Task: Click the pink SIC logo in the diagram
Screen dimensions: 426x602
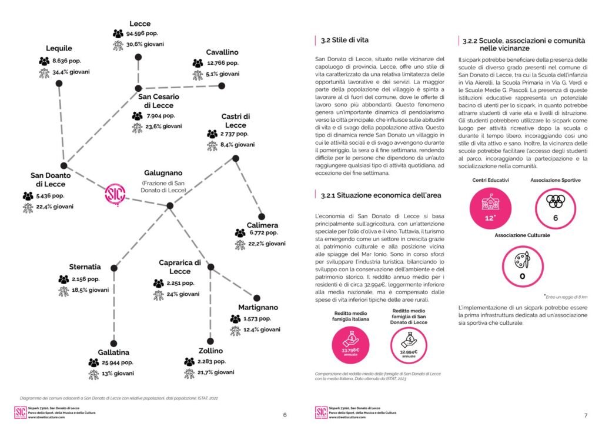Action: click(x=113, y=195)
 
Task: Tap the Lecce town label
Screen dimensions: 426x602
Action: click(x=140, y=24)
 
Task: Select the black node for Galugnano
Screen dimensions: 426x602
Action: click(x=170, y=205)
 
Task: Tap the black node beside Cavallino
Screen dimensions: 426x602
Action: click(x=222, y=86)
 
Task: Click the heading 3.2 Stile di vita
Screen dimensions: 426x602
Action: click(x=345, y=41)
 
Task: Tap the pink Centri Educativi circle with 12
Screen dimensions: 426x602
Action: click(x=490, y=206)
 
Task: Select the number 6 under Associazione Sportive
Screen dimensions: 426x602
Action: click(x=555, y=218)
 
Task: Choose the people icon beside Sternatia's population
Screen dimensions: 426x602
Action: click(x=63, y=279)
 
